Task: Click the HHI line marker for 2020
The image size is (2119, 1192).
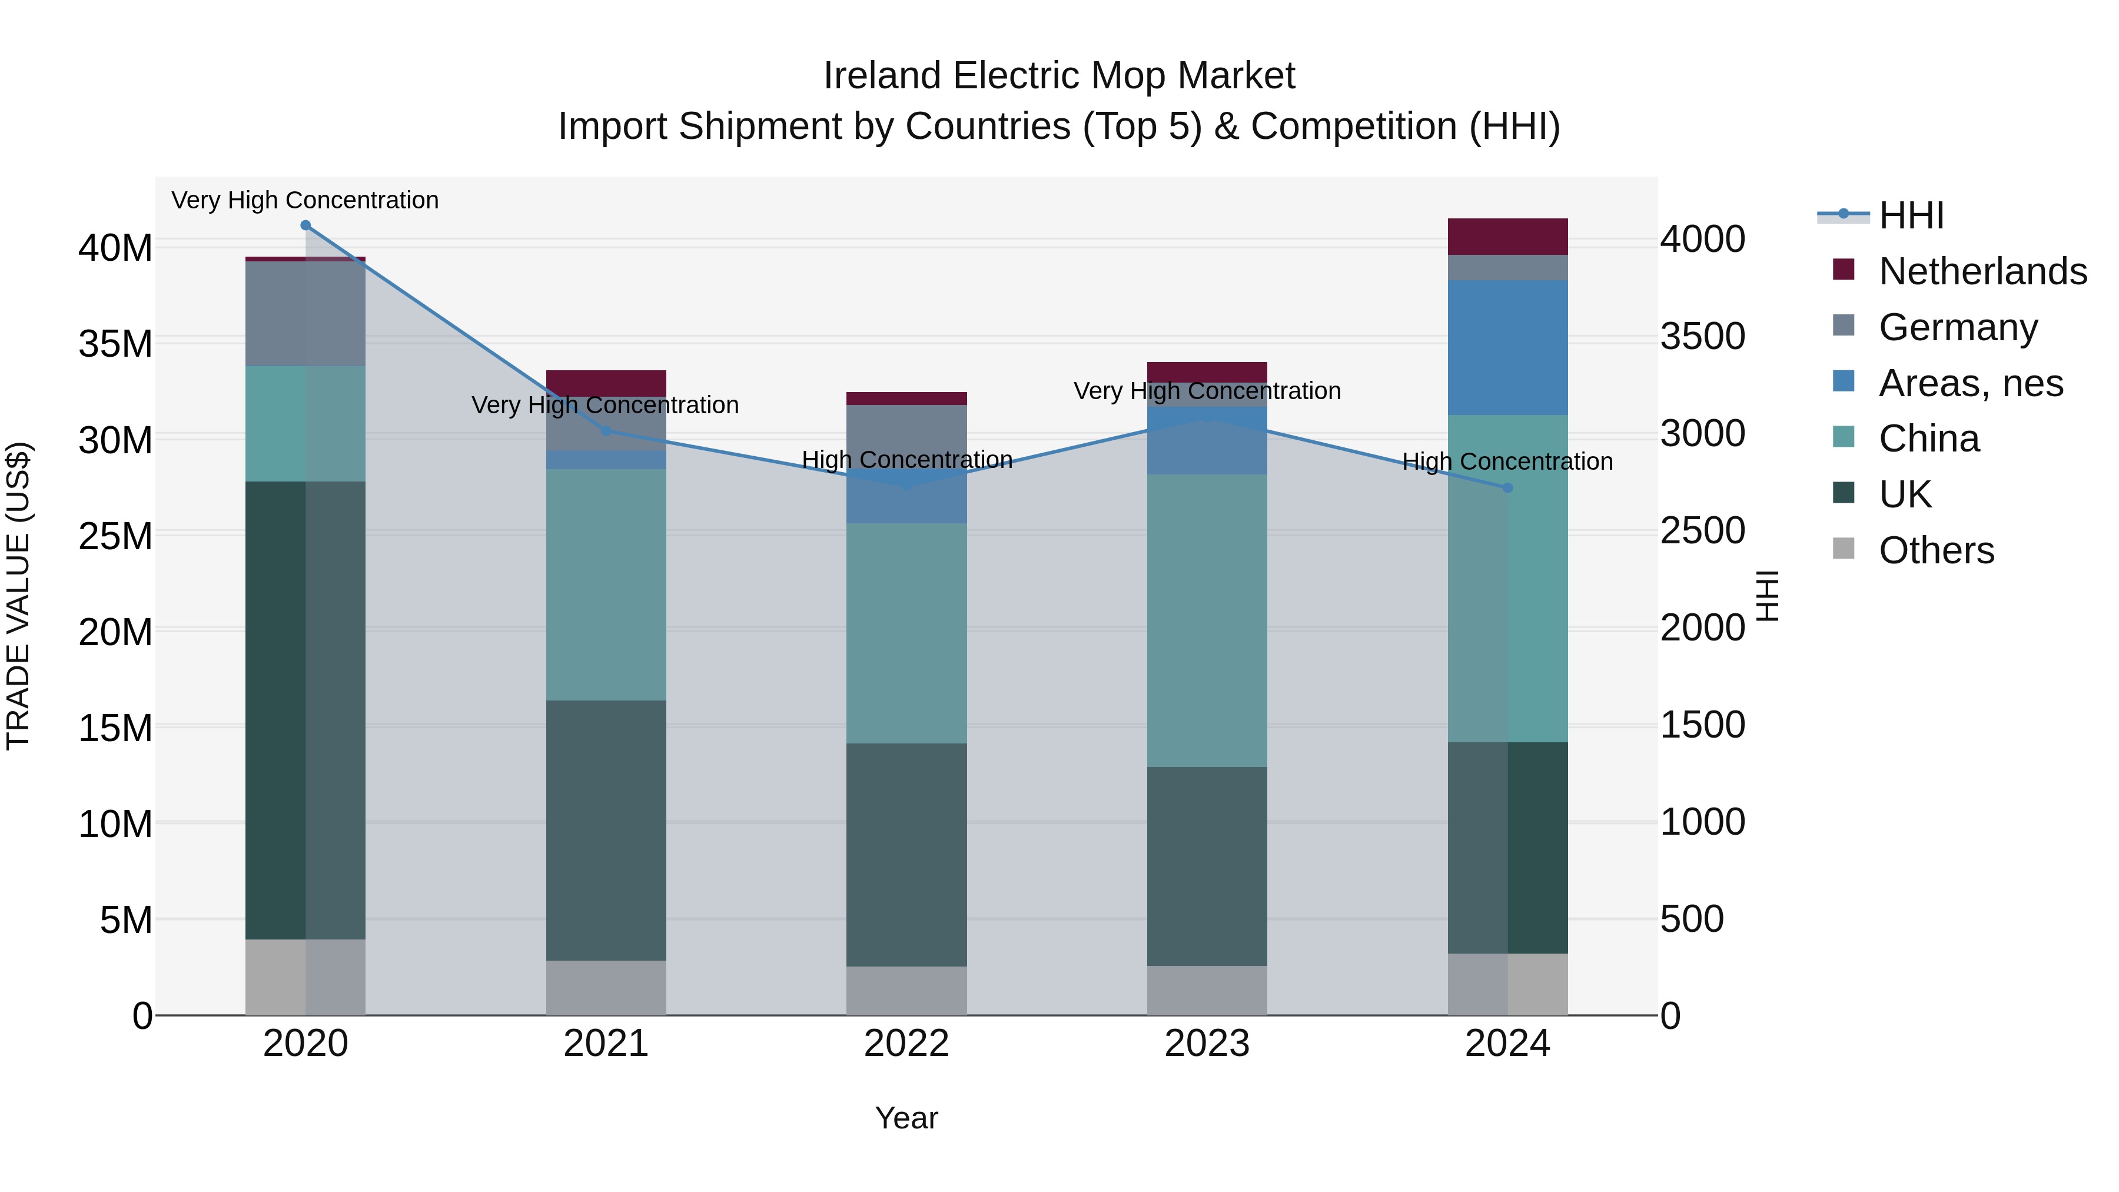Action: pos(305,225)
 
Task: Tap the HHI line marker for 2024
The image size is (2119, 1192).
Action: pos(1507,488)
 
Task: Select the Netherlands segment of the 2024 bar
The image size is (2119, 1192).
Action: pos(1507,237)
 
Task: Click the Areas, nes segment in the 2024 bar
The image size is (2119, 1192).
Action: pos(1507,347)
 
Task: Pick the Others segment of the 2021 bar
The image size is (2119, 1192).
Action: pos(606,987)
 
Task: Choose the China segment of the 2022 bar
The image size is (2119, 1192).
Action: pos(906,633)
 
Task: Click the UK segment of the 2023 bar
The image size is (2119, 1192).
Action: pos(1207,866)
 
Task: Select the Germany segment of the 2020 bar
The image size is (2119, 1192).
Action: pos(305,313)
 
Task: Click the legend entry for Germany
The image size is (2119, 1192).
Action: pos(1958,327)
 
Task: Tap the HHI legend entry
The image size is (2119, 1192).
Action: pos(1910,215)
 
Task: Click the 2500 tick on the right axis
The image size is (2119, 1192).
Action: pos(1702,530)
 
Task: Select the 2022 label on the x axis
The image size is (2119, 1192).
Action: pos(906,1044)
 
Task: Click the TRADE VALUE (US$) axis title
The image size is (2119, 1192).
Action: pos(18,596)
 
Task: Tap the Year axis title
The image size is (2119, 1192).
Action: pos(906,1118)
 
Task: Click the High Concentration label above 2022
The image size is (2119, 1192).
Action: pos(906,460)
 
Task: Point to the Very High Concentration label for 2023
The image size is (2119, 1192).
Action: pos(1207,391)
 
